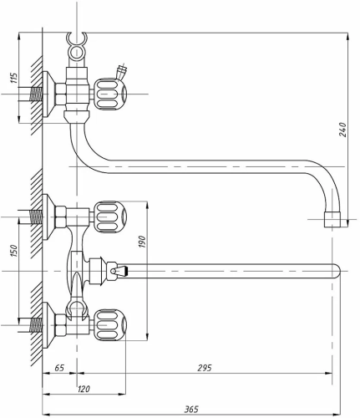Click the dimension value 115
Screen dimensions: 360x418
pyautogui.click(x=14, y=78)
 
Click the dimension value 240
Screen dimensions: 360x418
pyautogui.click(x=342, y=130)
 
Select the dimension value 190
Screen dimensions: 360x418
pyautogui.click(x=142, y=242)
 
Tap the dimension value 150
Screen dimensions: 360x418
pyautogui.click(x=13, y=251)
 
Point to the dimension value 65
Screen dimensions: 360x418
pyautogui.click(x=59, y=368)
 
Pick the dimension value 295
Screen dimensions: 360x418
pyautogui.click(x=205, y=368)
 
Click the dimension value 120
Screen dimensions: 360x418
pyautogui.click(x=83, y=389)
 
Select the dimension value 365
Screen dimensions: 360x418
pyautogui.click(x=191, y=409)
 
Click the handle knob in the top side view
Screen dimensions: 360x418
pyautogui.click(x=110, y=94)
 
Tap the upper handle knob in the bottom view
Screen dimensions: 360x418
pyautogui.click(x=110, y=217)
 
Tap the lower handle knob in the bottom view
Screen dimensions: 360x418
pyautogui.click(x=110, y=325)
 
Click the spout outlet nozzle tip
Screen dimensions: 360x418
pyautogui.click(x=332, y=220)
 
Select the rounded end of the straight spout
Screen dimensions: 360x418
pyautogui.click(x=337, y=271)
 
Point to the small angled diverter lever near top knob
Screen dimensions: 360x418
pyautogui.click(x=121, y=72)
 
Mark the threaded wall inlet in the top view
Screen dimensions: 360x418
pyautogui.click(x=36, y=94)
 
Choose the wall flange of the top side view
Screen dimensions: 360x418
pyautogui.click(x=49, y=94)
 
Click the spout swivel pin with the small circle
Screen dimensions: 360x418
pyautogui.click(x=113, y=271)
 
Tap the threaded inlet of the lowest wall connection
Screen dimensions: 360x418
pyautogui.click(x=36, y=325)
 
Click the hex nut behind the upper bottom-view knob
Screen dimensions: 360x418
pyautogui.click(x=61, y=217)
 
